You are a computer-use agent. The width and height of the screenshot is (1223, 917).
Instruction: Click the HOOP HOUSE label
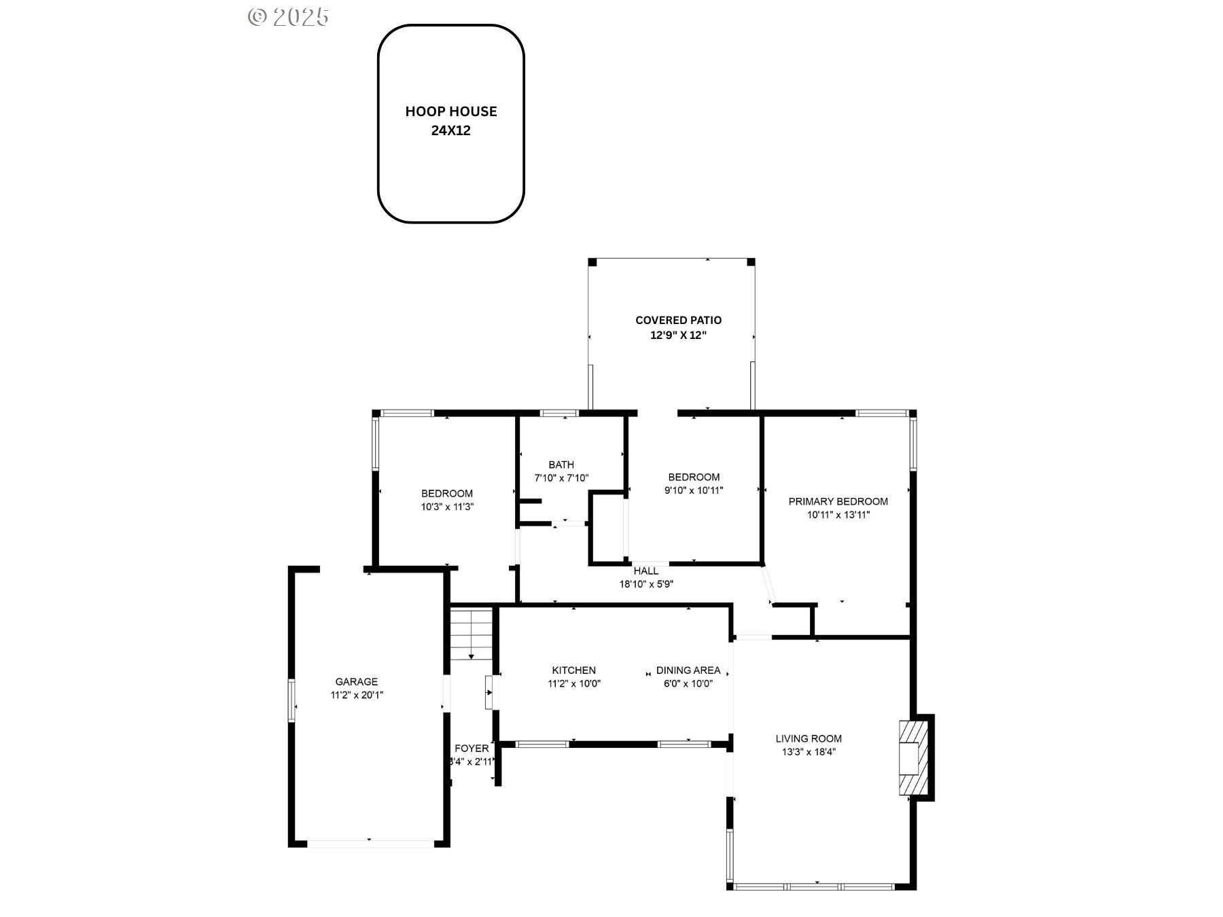tap(451, 111)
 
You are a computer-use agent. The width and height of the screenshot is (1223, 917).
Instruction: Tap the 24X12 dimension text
tap(451, 130)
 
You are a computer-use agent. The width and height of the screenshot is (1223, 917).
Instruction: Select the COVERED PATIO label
tap(679, 320)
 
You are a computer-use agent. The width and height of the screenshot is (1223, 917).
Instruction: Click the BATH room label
tap(561, 465)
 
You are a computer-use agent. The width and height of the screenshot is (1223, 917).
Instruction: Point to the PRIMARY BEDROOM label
tap(838, 501)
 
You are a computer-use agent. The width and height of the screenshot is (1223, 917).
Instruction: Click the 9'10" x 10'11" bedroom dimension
tap(694, 490)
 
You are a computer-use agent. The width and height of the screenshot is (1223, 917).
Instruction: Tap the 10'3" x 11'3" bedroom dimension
tap(447, 506)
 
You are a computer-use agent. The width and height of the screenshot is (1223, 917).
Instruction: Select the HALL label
tap(646, 571)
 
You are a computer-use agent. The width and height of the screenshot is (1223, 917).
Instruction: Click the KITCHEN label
tap(574, 670)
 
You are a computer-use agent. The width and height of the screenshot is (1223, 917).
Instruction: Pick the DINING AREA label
tap(688, 670)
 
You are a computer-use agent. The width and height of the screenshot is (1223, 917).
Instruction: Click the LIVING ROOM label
tap(809, 738)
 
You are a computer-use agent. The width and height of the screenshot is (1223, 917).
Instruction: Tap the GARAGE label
tap(357, 681)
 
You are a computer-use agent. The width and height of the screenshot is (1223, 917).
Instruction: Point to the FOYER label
tap(472, 749)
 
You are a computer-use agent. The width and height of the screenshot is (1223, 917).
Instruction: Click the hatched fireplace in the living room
tap(913, 757)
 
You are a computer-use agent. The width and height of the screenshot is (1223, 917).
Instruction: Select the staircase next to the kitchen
tap(472, 634)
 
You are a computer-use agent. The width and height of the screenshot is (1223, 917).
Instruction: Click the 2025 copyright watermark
tap(288, 17)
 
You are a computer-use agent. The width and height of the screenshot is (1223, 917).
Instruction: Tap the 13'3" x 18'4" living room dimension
tap(809, 751)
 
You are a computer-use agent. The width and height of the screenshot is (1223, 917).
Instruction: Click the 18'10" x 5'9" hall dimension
tap(646, 583)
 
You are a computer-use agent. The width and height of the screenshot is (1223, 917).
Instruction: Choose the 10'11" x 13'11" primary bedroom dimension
tap(838, 514)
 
